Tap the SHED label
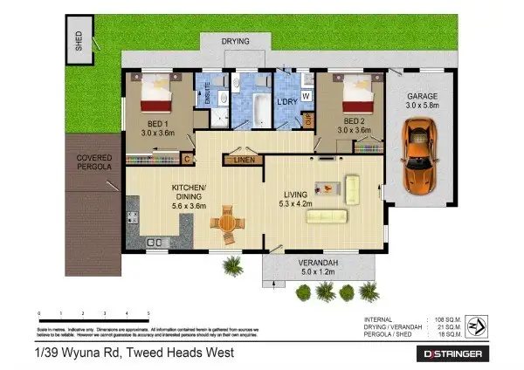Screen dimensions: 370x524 (x=78, y=43)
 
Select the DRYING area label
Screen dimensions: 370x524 (x=234, y=41)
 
